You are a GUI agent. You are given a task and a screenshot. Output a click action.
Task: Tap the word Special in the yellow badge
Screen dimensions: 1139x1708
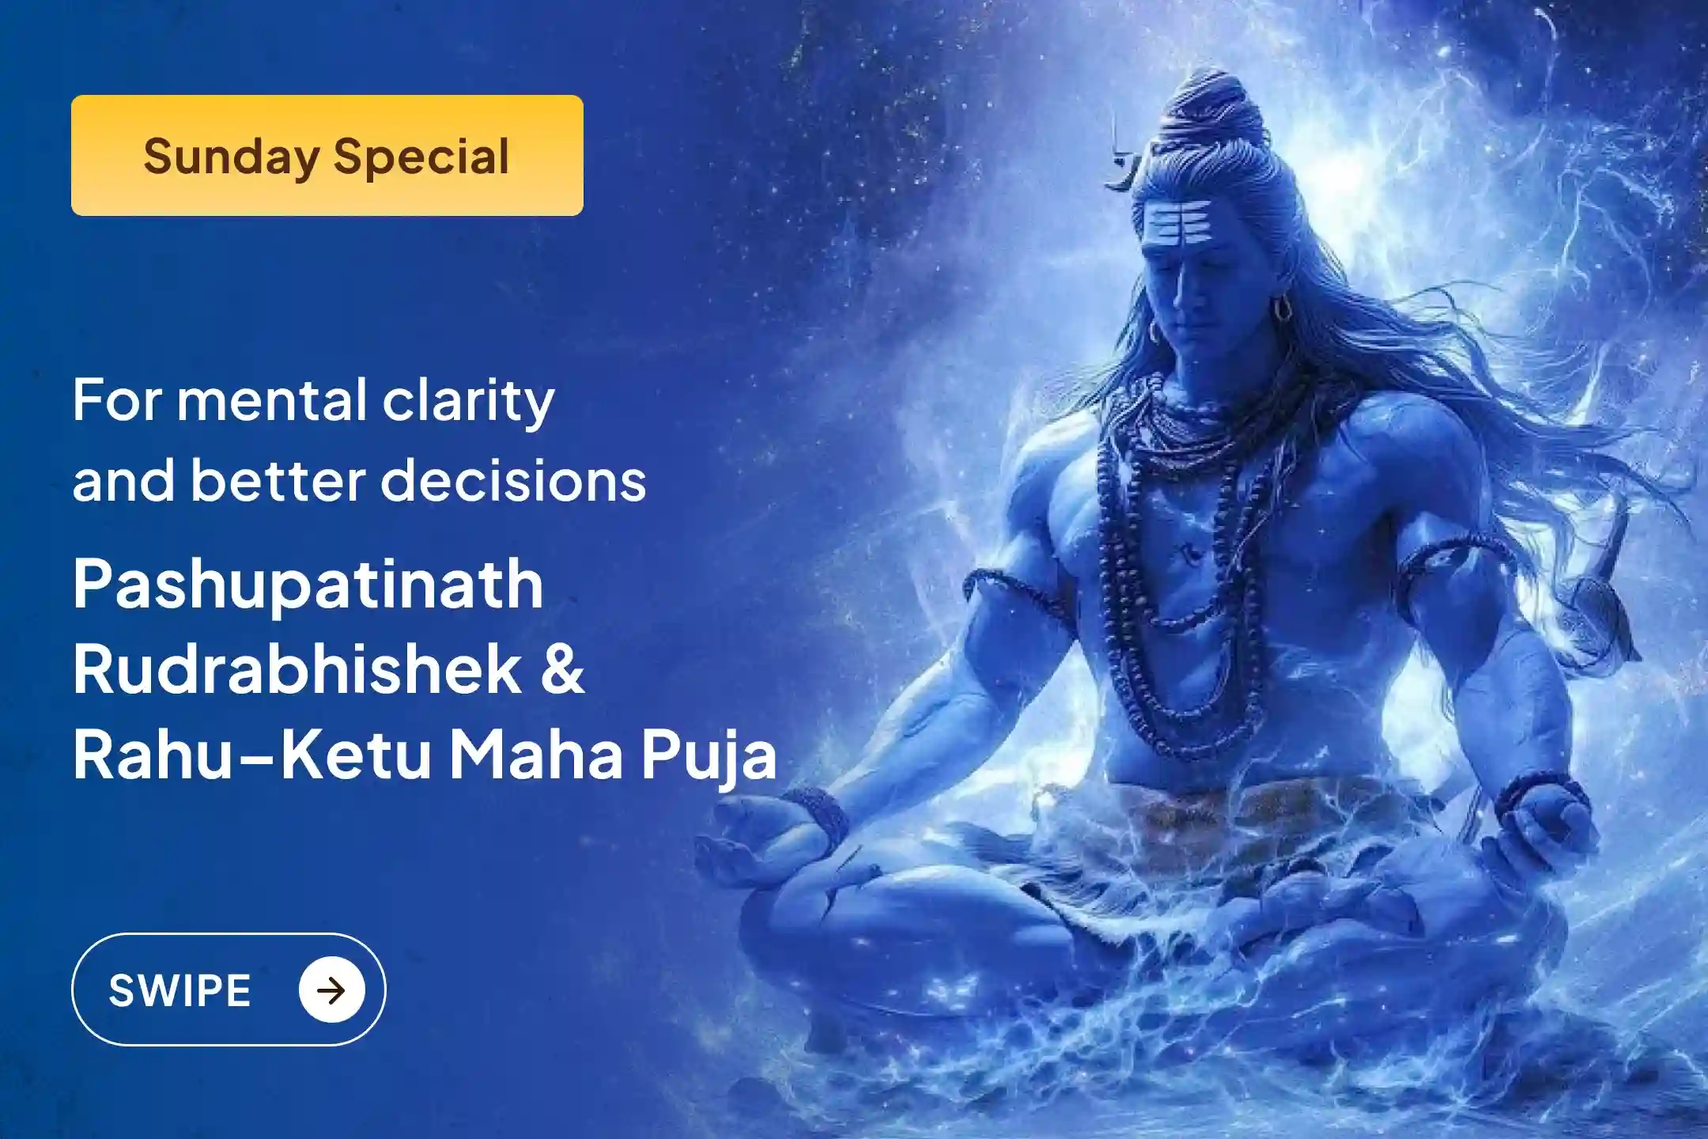[421, 157]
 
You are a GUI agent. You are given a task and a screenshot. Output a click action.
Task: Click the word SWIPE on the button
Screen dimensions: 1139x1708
[179, 990]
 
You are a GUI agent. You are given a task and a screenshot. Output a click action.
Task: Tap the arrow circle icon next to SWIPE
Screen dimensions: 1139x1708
[331, 990]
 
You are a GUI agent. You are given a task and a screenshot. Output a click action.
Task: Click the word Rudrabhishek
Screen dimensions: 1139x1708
[297, 670]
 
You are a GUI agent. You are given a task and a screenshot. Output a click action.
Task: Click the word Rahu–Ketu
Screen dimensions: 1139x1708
[252, 755]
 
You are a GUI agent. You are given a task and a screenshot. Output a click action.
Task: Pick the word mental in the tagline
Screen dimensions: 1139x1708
[271, 400]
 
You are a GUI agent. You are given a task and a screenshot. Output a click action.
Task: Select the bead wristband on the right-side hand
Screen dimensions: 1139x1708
[1538, 791]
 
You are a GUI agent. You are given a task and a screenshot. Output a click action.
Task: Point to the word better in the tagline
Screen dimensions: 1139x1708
[287, 481]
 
